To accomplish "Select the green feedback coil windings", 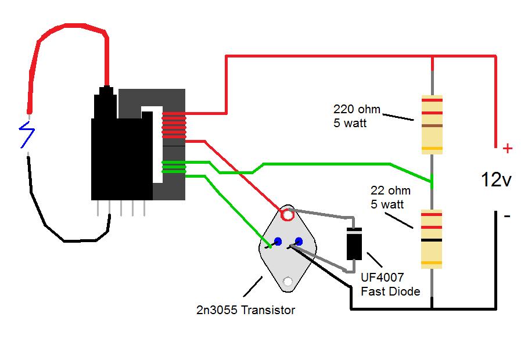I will click(x=174, y=167).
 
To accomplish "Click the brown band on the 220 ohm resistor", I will click(x=432, y=125).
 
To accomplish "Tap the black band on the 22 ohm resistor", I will click(x=432, y=240).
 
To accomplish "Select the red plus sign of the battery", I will click(x=508, y=149).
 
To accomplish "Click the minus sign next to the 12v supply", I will click(x=507, y=216).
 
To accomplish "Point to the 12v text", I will click(x=495, y=180).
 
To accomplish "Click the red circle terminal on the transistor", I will click(x=287, y=215).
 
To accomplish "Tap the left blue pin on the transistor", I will click(x=278, y=241).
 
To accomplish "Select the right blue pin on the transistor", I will click(x=299, y=241).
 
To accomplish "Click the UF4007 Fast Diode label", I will click(x=390, y=285).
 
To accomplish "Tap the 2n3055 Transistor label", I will click(x=246, y=310).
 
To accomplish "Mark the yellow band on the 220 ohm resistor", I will click(x=432, y=149).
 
